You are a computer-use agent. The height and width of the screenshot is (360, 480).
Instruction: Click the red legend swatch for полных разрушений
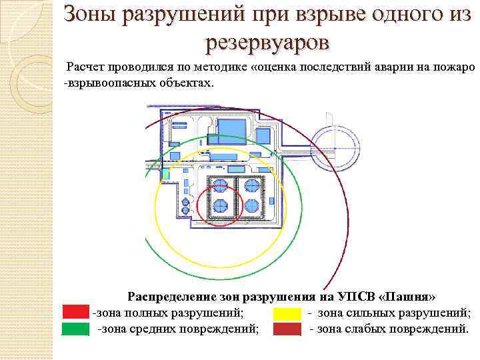(x=75, y=312)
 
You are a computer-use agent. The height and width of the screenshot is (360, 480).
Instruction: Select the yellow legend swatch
(x=286, y=312)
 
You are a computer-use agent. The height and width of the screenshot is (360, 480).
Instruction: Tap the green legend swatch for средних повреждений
(x=75, y=328)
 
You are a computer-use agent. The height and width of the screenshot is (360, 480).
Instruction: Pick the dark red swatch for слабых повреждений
(x=286, y=328)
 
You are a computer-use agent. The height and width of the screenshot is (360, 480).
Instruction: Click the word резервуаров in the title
(x=267, y=42)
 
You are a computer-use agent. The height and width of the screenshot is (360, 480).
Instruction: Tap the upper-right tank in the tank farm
(x=251, y=185)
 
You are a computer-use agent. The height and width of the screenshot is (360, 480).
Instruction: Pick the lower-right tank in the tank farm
(x=251, y=205)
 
